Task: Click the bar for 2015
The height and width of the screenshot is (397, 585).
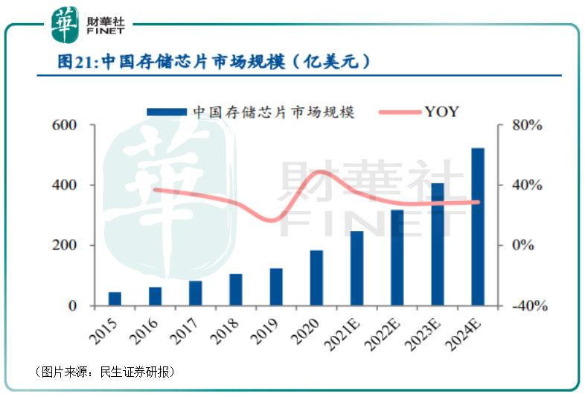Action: [115, 299]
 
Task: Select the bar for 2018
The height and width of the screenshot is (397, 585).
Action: [236, 290]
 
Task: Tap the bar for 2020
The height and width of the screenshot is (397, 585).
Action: [316, 278]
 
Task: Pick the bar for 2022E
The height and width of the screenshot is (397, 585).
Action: [397, 258]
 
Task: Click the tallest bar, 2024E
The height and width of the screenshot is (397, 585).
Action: [478, 226]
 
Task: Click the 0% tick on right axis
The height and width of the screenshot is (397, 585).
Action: [526, 246]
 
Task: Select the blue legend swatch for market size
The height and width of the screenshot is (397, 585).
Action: [166, 112]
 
